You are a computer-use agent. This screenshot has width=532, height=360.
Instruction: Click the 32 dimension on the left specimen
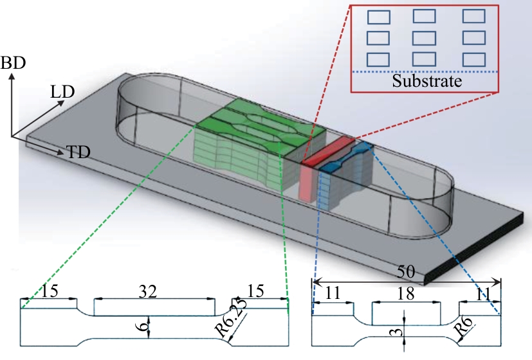click(154, 291)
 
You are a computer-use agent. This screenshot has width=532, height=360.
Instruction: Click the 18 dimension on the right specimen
click(405, 292)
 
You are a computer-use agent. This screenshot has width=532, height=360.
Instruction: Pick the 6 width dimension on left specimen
click(143, 326)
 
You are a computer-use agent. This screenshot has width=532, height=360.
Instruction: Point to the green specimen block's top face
click(257, 119)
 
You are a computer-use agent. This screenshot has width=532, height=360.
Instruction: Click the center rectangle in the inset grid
click(424, 37)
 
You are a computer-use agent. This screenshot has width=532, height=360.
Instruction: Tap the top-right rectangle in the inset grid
click(473, 16)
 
